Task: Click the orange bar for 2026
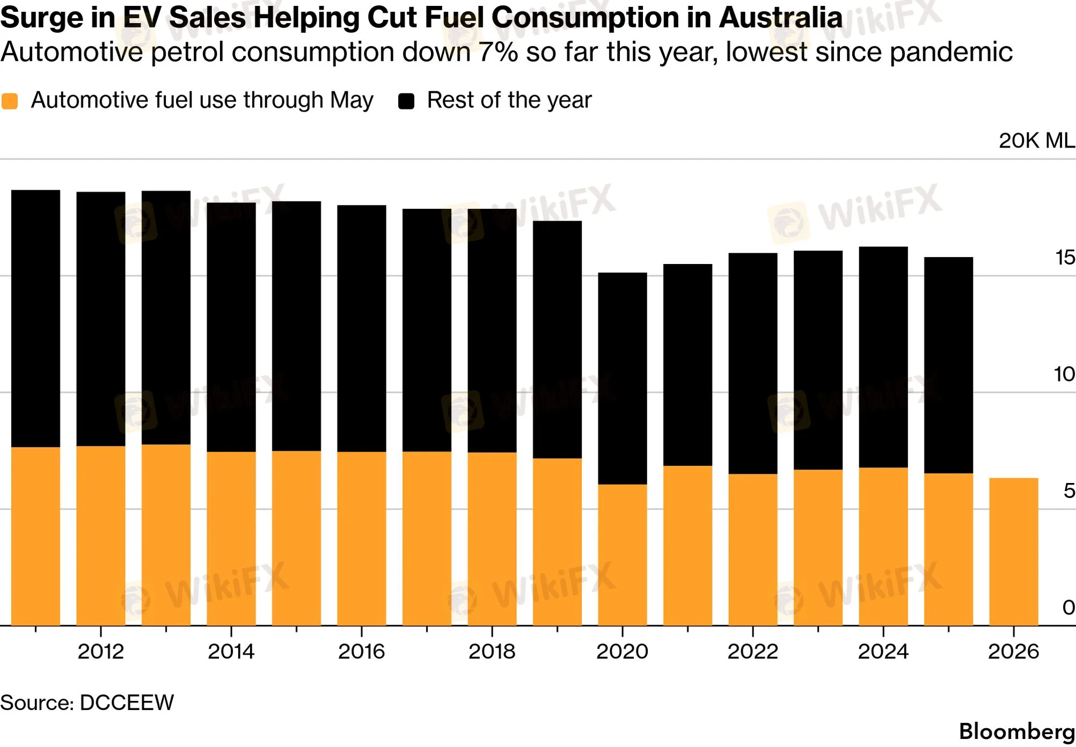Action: pyautogui.click(x=1014, y=552)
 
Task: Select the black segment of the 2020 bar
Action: pyautogui.click(x=623, y=378)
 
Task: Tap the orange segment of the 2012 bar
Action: pyautogui.click(x=101, y=536)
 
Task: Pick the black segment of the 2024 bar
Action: pyautogui.click(x=883, y=357)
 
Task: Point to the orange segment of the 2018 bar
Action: pyautogui.click(x=492, y=539)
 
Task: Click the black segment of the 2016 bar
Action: pyautogui.click(x=362, y=328)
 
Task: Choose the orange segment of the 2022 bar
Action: pyautogui.click(x=753, y=550)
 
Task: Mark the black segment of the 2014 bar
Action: pyautogui.click(x=231, y=327)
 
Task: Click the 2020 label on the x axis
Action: pyautogui.click(x=623, y=651)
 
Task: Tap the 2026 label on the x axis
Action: pyautogui.click(x=1014, y=651)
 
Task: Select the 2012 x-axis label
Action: pyautogui.click(x=101, y=651)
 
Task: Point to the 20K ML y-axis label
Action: pyautogui.click(x=1037, y=141)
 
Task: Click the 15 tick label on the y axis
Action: pyautogui.click(x=1065, y=258)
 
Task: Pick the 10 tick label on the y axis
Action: pyautogui.click(x=1064, y=374)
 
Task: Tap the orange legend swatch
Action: pyautogui.click(x=10, y=101)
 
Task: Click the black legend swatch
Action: pyautogui.click(x=406, y=101)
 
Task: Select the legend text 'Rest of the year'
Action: pyautogui.click(x=509, y=100)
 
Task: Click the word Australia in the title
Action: pyautogui.click(x=780, y=17)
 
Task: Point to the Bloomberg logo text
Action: pyautogui.click(x=1017, y=731)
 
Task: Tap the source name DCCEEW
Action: pyautogui.click(x=127, y=702)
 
